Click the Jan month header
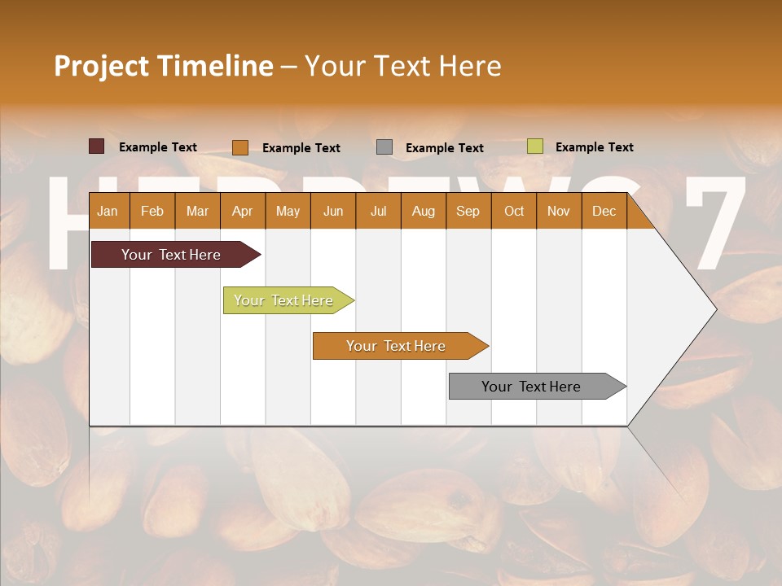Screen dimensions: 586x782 pyautogui.click(x=108, y=211)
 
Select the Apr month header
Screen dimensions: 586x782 pyautogui.click(x=242, y=211)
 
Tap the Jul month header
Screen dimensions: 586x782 pyautogui.click(x=378, y=211)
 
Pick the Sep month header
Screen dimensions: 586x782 pyautogui.click(x=468, y=211)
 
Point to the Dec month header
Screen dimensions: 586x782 pyautogui.click(x=604, y=211)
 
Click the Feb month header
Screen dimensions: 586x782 pyautogui.click(x=152, y=211)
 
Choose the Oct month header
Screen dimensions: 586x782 pyautogui.click(x=514, y=211)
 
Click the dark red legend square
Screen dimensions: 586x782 pyautogui.click(x=97, y=146)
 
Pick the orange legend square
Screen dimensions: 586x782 pyautogui.click(x=240, y=147)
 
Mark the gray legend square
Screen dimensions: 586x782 pyautogui.click(x=384, y=147)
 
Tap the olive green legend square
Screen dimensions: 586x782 pyautogui.click(x=535, y=146)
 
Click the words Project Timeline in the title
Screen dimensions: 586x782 pyautogui.click(x=163, y=66)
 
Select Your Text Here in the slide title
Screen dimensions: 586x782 pyautogui.click(x=403, y=66)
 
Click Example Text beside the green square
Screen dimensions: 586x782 pyautogui.click(x=594, y=147)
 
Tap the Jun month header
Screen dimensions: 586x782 pyautogui.click(x=333, y=211)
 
